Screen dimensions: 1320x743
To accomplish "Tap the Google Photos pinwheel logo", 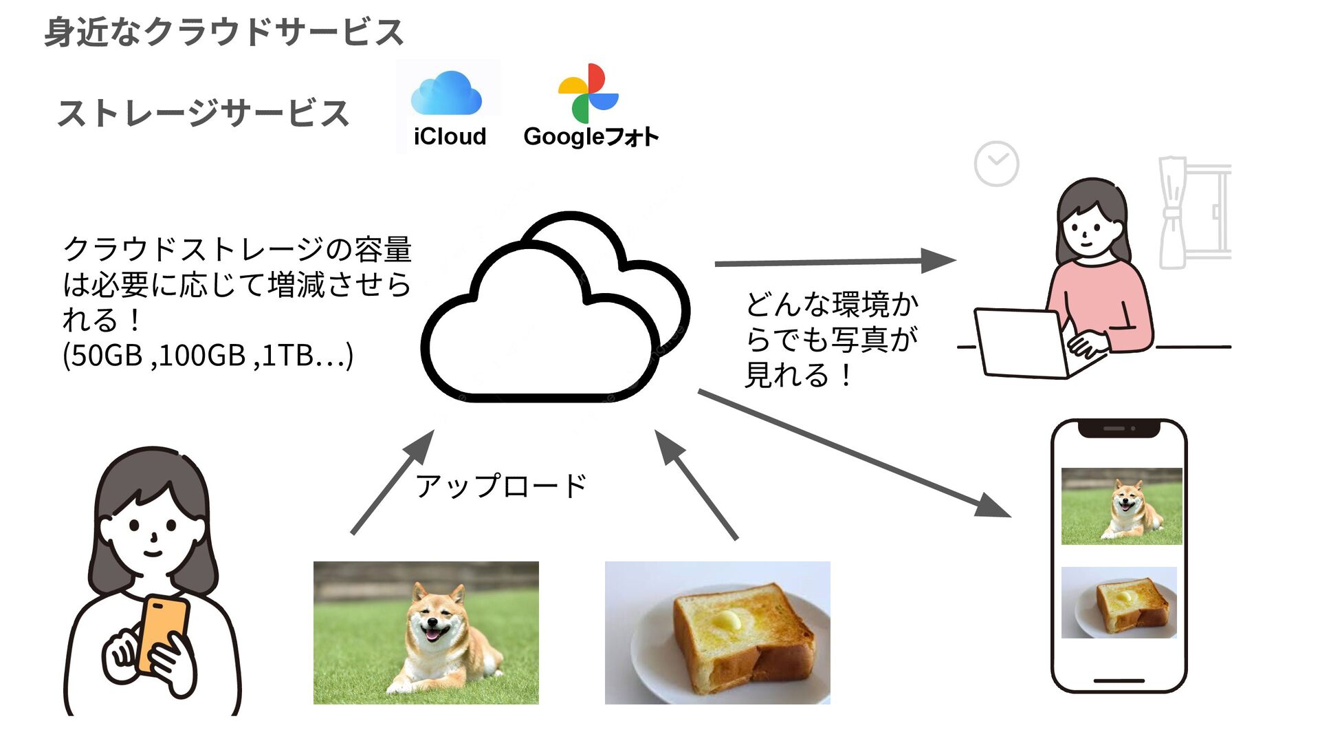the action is tap(588, 94).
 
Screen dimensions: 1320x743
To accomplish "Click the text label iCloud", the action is tap(450, 136).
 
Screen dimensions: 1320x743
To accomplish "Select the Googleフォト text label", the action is tap(591, 136).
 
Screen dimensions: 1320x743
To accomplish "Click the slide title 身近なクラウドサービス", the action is tap(224, 32).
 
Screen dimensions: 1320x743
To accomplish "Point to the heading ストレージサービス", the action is tap(203, 114).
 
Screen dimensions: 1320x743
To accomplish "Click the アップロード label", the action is tap(500, 486).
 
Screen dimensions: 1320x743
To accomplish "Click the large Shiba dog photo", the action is tap(426, 632).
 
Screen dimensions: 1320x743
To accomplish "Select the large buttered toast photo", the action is tap(717, 632).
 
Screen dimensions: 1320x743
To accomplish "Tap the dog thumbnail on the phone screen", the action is tap(1121, 506).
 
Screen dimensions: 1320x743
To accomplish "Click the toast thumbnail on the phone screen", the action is tap(1119, 602).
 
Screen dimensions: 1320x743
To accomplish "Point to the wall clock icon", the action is tap(996, 164).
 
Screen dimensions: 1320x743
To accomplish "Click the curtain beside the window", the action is tap(1173, 213).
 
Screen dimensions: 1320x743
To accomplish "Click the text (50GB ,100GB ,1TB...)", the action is tap(208, 356).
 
